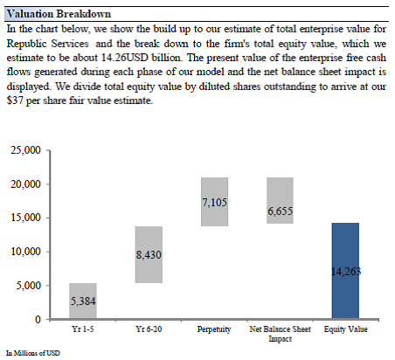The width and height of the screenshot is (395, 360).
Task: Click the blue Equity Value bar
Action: pyautogui.click(x=345, y=271)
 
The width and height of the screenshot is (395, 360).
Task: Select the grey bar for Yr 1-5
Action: pyautogui.click(x=83, y=301)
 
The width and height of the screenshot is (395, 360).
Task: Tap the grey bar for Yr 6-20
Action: pyautogui.click(x=149, y=254)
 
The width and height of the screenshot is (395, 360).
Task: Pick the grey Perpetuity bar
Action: pyautogui.click(x=215, y=202)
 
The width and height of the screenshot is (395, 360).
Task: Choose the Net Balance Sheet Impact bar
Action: pyautogui.click(x=280, y=200)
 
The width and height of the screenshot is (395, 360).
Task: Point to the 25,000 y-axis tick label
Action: pyautogui.click(x=25, y=150)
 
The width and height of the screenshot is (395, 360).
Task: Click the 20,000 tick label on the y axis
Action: pyautogui.click(x=25, y=184)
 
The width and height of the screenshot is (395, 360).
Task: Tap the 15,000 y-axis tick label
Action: pyautogui.click(x=25, y=218)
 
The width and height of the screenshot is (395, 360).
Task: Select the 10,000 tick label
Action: pyautogui.click(x=25, y=251)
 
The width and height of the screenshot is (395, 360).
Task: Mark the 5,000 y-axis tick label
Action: pyautogui.click(x=29, y=285)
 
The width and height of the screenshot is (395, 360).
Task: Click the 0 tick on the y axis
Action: pyautogui.click(x=38, y=320)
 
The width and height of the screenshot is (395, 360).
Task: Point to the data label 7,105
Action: pyautogui.click(x=215, y=203)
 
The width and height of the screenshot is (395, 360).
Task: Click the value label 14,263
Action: pyautogui.click(x=346, y=272)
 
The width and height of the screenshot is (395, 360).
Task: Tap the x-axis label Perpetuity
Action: pyautogui.click(x=214, y=329)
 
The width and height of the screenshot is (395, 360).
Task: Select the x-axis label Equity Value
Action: pyautogui.click(x=346, y=329)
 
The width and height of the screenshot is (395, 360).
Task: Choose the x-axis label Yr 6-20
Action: pyautogui.click(x=149, y=329)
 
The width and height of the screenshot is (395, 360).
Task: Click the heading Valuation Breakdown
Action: pyautogui.click(x=59, y=14)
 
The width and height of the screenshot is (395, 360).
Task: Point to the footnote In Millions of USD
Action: pyautogui.click(x=33, y=353)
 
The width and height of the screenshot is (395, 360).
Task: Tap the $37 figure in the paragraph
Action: pyautogui.click(x=15, y=100)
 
